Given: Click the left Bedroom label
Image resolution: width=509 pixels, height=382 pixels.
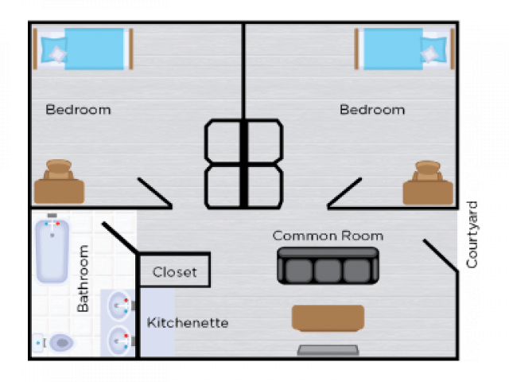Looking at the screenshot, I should pos(78,110).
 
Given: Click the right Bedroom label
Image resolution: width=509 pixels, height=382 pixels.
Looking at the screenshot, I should pos(372,110).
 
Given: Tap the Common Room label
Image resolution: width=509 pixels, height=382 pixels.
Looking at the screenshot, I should pos(328,236).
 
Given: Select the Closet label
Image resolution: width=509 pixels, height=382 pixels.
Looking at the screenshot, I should pos(174,272).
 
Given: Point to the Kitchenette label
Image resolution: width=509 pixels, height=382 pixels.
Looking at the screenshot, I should pos(188,322).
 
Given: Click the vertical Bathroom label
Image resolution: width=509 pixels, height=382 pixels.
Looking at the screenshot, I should pos(83,279).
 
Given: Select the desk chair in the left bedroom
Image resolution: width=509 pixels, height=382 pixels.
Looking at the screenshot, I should pos(59,170).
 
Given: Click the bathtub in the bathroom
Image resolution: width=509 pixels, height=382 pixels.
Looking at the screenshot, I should pos(52,251).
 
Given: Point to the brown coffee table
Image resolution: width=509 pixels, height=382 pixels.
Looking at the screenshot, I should pos(328,318).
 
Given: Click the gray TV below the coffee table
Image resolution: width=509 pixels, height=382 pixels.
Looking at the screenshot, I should pos(328,350).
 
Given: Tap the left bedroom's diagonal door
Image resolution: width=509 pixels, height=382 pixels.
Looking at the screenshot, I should pos(154,193).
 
